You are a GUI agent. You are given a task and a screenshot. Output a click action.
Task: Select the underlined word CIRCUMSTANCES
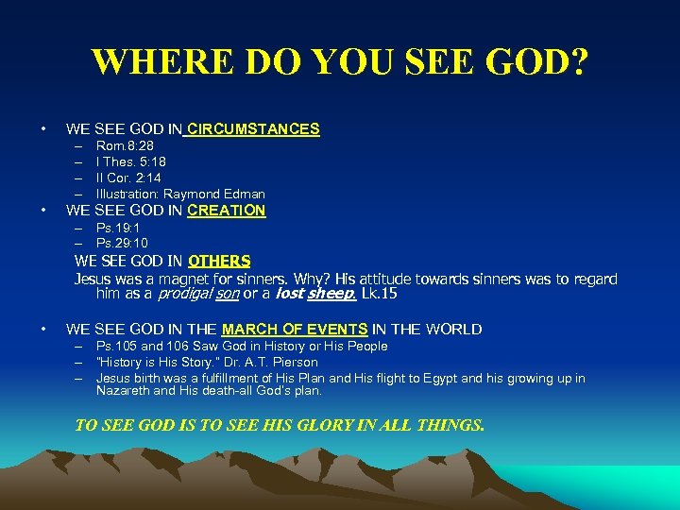(x=254, y=128)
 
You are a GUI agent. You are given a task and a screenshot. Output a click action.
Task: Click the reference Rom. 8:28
(x=125, y=145)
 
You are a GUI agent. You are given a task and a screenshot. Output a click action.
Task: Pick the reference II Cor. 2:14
(x=130, y=178)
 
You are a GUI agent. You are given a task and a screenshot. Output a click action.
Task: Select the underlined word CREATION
(x=227, y=211)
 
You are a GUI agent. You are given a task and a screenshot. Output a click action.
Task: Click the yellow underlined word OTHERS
(x=219, y=261)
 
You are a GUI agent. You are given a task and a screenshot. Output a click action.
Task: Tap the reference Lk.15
(x=380, y=295)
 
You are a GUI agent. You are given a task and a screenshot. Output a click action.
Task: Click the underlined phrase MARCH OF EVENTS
(x=295, y=330)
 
